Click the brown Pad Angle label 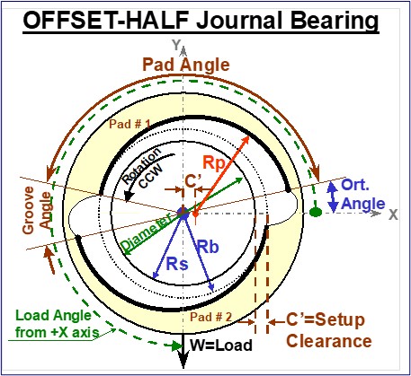(x=186, y=66)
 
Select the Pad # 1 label (x=130, y=124)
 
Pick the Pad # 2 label (x=211, y=317)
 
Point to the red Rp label (x=213, y=163)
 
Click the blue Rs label (x=177, y=264)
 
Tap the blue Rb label (x=208, y=247)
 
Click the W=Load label (x=221, y=345)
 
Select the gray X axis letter (x=393, y=214)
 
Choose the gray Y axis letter (x=176, y=45)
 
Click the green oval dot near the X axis (x=316, y=213)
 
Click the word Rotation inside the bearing (x=142, y=166)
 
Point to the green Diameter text (x=147, y=232)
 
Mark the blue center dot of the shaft (x=183, y=213)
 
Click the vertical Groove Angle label (x=36, y=210)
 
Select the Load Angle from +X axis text (x=53, y=324)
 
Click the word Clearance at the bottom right (x=329, y=341)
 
